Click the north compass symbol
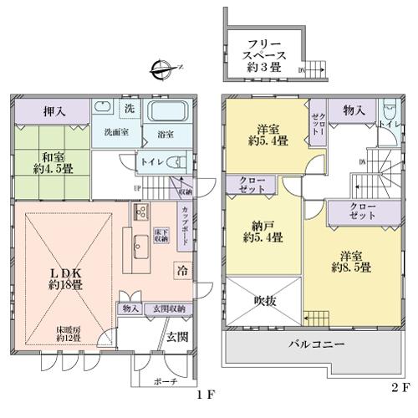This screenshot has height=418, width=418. [x=161, y=68]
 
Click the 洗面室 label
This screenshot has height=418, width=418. [x=115, y=131]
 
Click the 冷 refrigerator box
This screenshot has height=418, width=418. [x=181, y=270]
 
